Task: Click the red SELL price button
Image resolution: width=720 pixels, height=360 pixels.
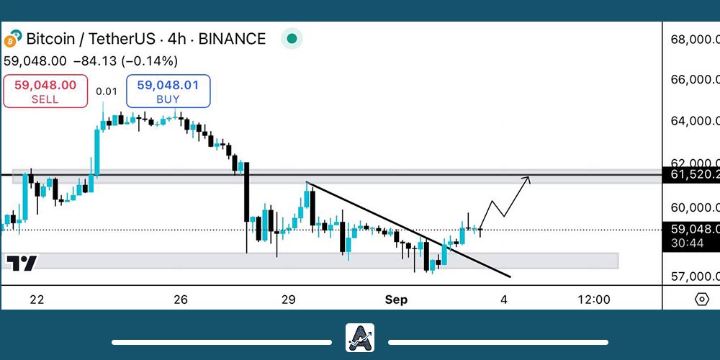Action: [x=45, y=91]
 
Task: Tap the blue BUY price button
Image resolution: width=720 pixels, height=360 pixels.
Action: [x=168, y=91]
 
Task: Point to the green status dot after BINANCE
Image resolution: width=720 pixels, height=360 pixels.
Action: [x=291, y=39]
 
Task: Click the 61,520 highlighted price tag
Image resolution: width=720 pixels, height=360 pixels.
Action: [x=691, y=174]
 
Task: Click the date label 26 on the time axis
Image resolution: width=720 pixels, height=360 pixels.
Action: [x=181, y=300]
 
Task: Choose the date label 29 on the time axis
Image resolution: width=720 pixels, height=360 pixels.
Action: [x=289, y=300]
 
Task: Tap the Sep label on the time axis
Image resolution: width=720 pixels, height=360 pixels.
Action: [x=396, y=300]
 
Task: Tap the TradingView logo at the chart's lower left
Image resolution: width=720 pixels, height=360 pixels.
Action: [x=22, y=264]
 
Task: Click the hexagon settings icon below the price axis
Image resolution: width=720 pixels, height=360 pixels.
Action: [x=702, y=300]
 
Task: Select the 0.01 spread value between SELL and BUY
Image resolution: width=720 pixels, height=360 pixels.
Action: [x=107, y=91]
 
